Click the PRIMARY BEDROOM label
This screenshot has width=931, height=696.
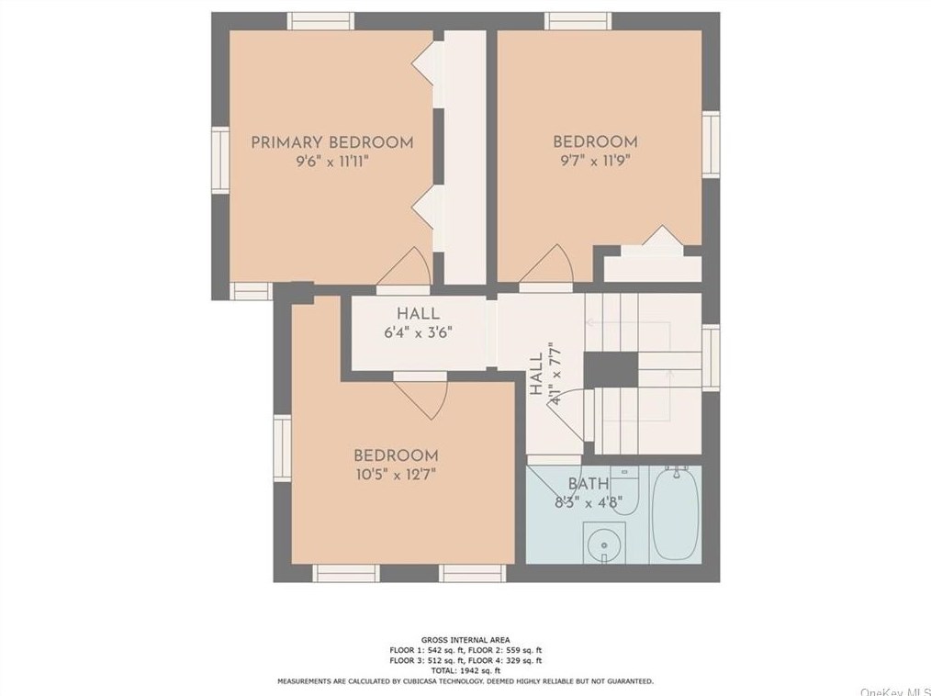331,142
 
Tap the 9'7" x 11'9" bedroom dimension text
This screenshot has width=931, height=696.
596,161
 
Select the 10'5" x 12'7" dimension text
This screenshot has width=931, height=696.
396,474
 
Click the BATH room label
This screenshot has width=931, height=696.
589,483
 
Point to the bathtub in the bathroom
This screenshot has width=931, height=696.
676,514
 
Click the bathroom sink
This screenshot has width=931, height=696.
604,543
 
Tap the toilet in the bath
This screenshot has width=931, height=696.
624,490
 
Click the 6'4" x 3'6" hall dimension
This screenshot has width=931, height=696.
419,332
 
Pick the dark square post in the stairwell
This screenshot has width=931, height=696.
611,369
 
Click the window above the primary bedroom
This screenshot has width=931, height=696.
320,21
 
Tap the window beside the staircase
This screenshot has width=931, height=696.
711,357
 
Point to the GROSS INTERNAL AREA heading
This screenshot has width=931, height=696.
465,640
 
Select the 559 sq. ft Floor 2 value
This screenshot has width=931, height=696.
522,650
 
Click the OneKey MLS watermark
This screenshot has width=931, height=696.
895,691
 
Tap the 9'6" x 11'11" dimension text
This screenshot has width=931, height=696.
332,161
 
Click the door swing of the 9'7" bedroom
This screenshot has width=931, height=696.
546,264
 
